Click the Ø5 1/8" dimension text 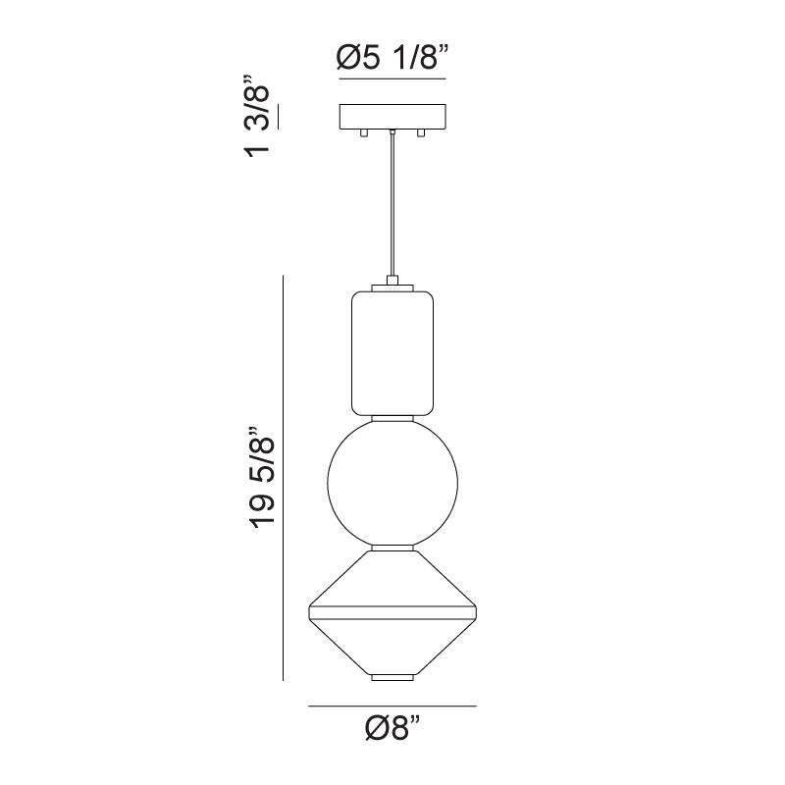click(392, 59)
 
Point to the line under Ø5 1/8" click(392, 78)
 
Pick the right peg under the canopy click(421, 131)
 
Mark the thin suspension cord click(392, 206)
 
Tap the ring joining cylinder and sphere click(392, 418)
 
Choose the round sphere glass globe click(392, 481)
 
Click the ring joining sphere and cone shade click(392, 546)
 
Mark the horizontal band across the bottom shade click(392, 615)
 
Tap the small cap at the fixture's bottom click(392, 677)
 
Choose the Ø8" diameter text click(392, 729)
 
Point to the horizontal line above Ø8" click(392, 706)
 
